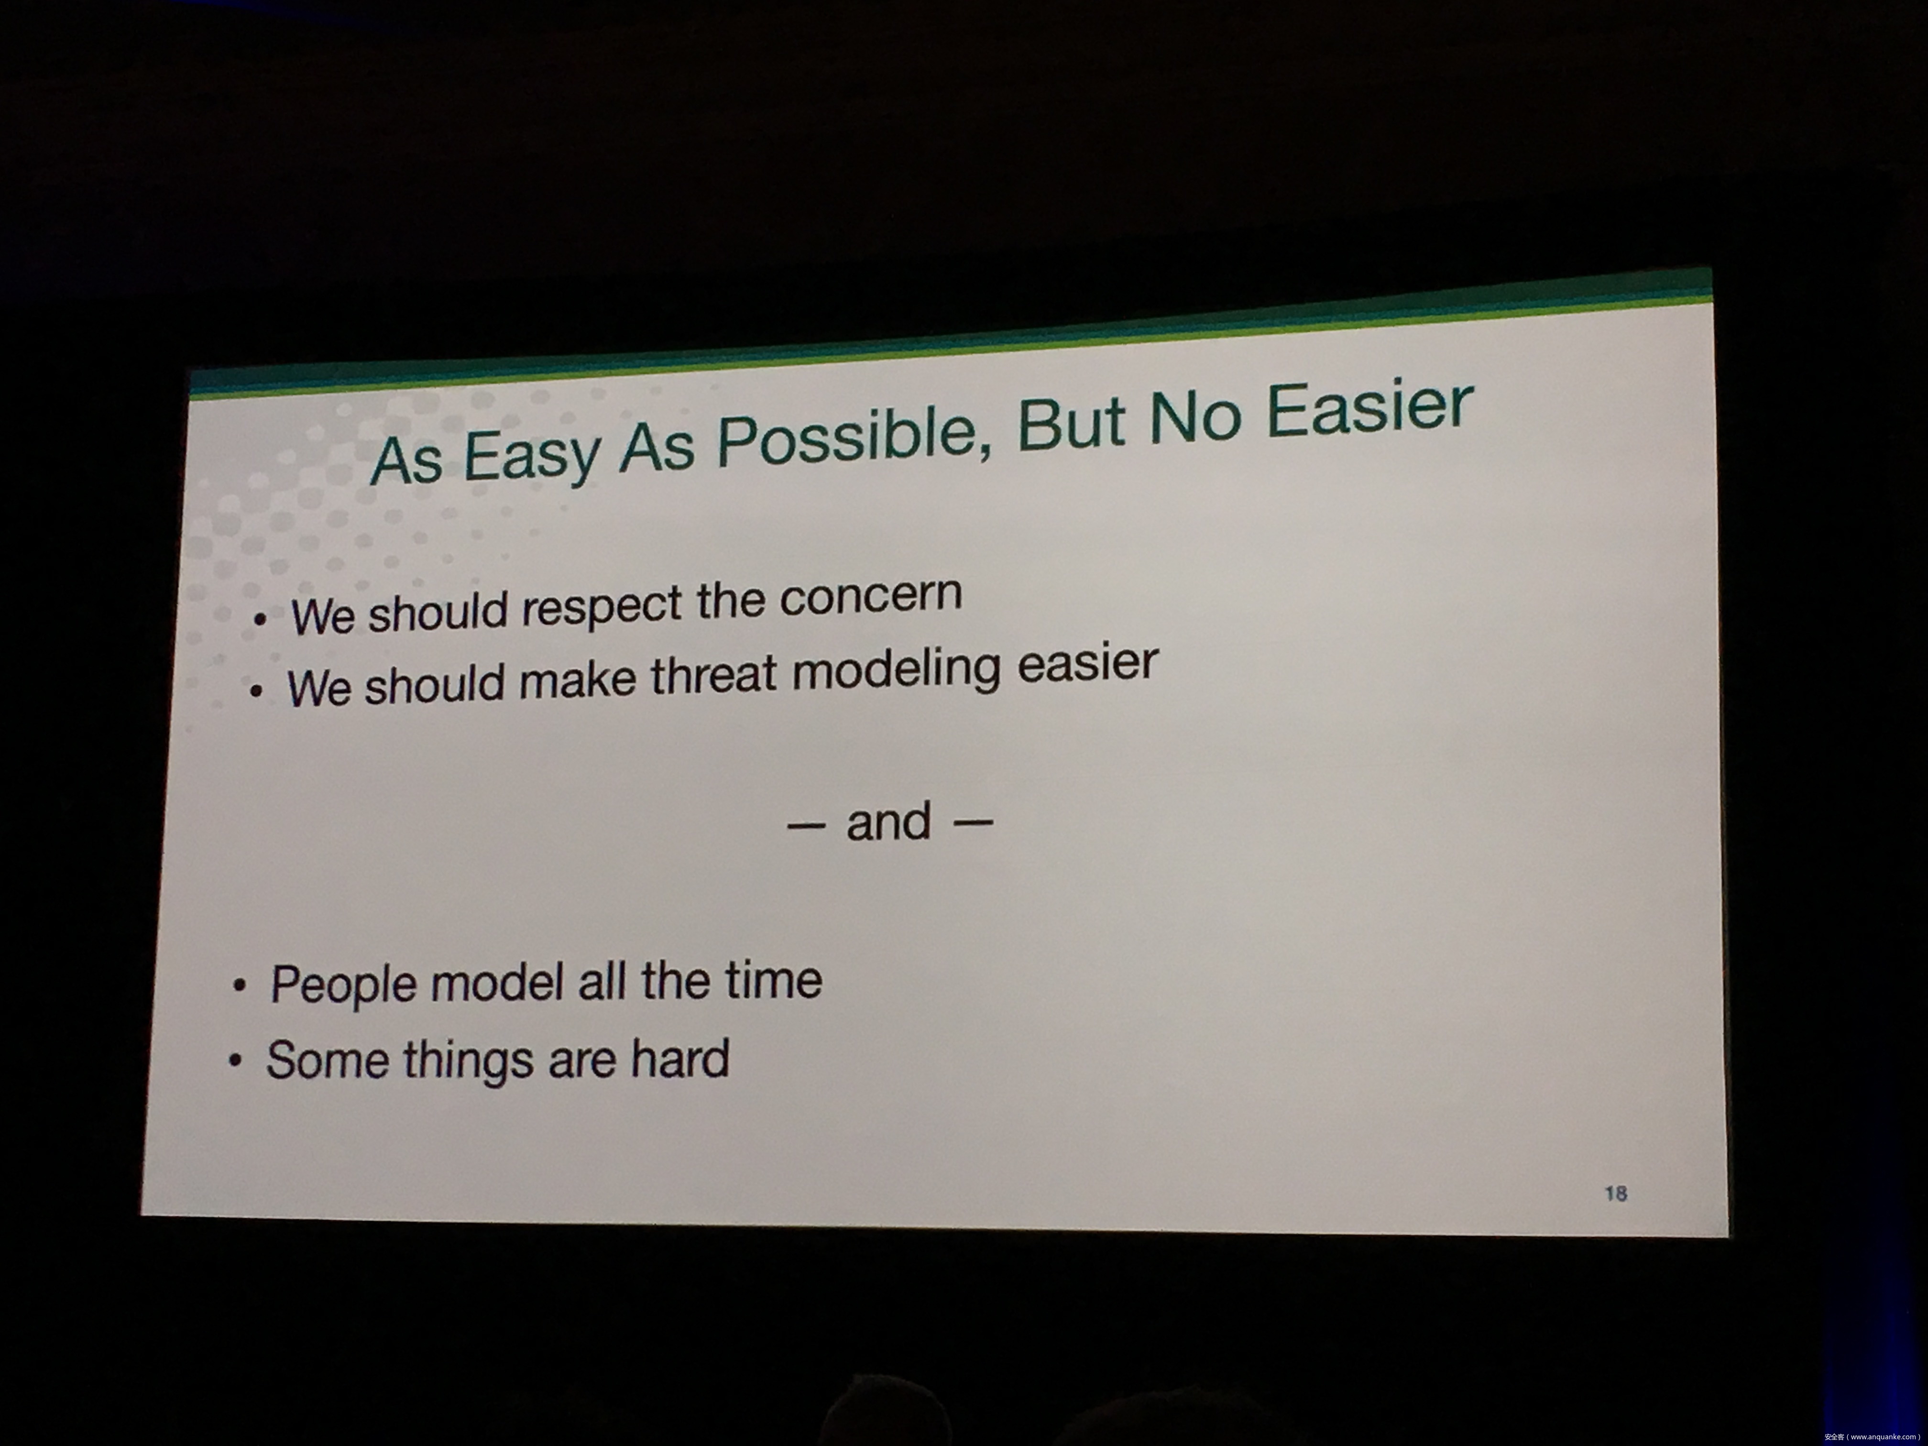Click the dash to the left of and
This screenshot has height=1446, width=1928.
pyautogui.click(x=806, y=824)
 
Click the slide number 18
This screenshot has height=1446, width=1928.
pyautogui.click(x=1616, y=1193)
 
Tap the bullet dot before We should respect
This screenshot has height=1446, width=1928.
pyautogui.click(x=260, y=620)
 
